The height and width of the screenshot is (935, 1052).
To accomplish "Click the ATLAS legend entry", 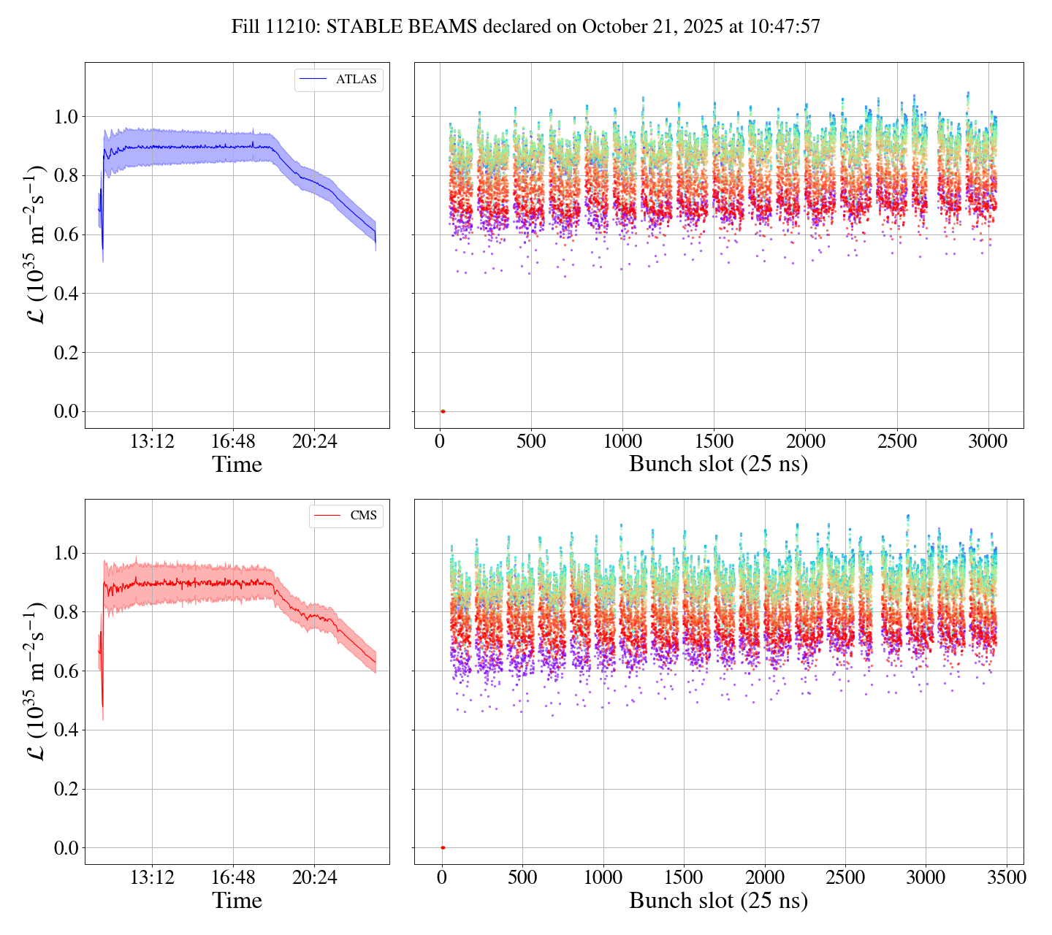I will pos(356,80).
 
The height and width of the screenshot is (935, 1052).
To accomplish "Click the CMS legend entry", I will pos(363,516).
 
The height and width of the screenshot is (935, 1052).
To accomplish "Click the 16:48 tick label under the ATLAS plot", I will pos(233,442).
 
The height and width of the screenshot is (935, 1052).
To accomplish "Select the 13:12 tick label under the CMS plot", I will pos(152,878).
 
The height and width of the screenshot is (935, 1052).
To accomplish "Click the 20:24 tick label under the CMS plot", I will pos(314,878).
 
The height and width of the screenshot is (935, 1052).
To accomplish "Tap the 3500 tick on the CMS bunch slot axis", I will pos(1006,878).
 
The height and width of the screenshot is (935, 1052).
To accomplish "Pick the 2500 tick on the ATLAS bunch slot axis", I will pos(897,442).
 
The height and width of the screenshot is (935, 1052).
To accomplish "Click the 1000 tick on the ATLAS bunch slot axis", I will pos(622,442).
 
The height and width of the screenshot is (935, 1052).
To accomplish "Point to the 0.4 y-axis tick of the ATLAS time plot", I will pos(66,294).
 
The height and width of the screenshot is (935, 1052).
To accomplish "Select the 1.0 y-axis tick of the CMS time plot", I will pos(66,553).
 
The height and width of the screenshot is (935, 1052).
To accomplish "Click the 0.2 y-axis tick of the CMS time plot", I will pos(66,789).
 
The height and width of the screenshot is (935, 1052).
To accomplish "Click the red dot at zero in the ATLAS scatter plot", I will pos(443,411).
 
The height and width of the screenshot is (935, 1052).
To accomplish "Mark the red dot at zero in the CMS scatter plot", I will pos(443,847).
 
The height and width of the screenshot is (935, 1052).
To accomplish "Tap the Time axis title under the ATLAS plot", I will pos(237,465).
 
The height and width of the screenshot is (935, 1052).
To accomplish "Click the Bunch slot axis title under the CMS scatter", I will pos(718,901).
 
